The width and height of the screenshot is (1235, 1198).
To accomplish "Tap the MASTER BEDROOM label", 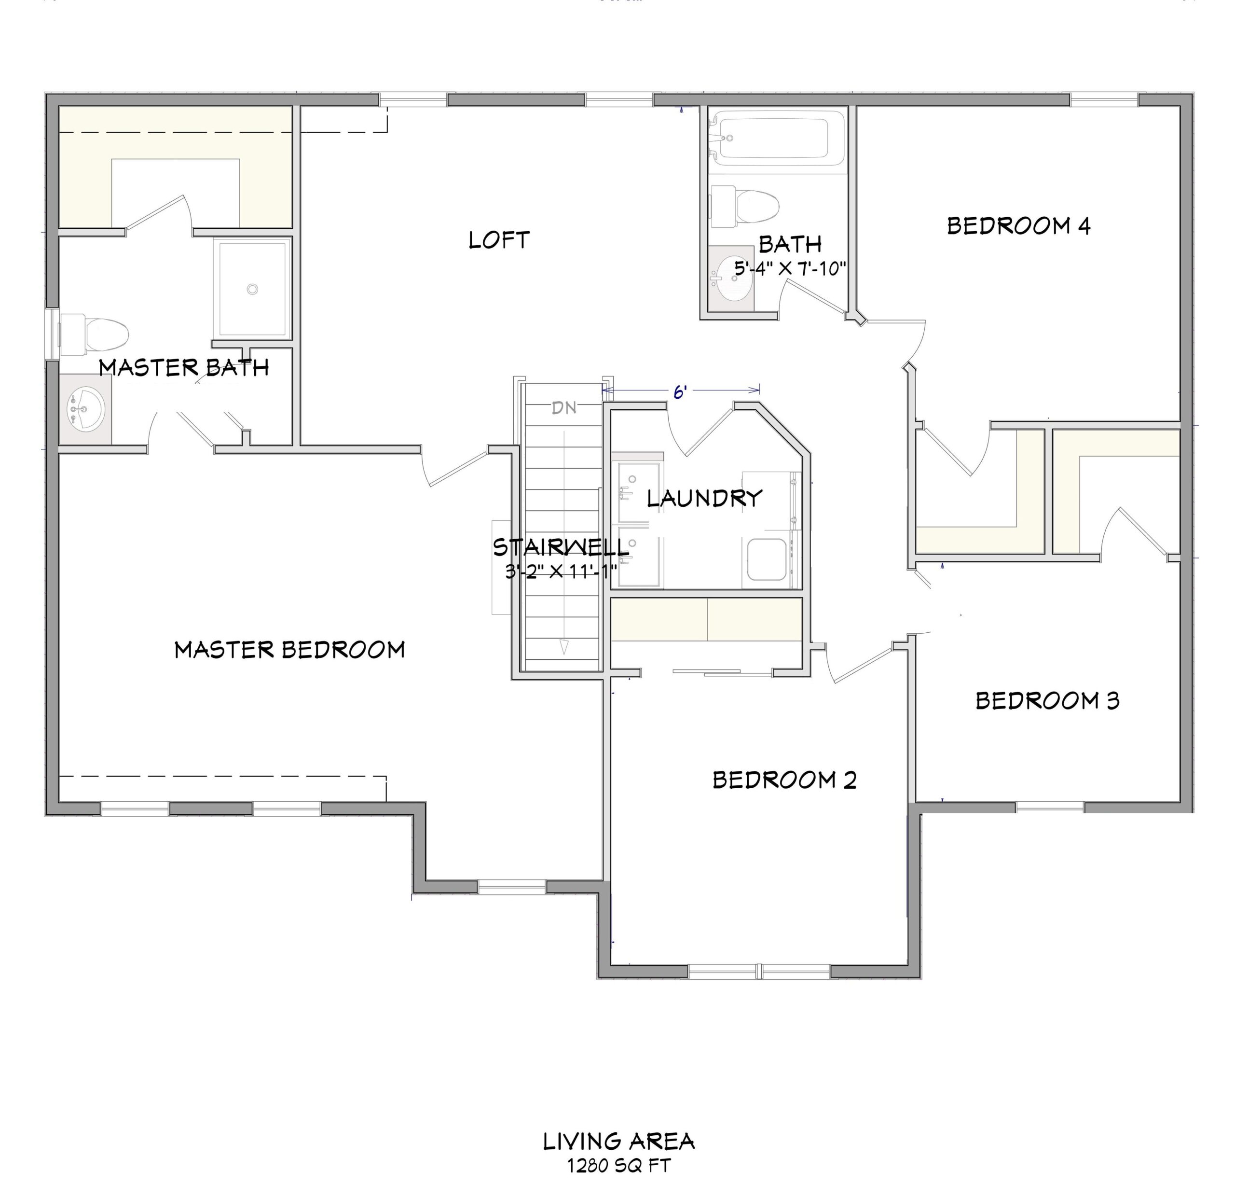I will [289, 650].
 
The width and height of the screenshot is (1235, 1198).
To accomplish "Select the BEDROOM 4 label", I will [1018, 226].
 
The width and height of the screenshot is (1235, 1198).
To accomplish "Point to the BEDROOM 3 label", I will [1047, 700].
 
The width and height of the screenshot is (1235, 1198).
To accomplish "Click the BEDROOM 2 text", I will [784, 780].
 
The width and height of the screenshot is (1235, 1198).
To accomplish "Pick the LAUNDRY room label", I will [704, 499].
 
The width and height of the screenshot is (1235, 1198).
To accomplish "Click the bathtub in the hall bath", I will [775, 138].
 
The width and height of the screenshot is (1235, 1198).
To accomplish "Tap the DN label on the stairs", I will [564, 408].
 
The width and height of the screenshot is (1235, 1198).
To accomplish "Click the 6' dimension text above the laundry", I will [679, 392].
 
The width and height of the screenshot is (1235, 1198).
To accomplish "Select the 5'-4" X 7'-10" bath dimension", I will [790, 268].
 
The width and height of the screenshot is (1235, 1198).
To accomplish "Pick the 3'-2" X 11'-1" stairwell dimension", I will [561, 571].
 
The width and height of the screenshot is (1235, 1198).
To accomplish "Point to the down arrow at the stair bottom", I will [564, 647].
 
